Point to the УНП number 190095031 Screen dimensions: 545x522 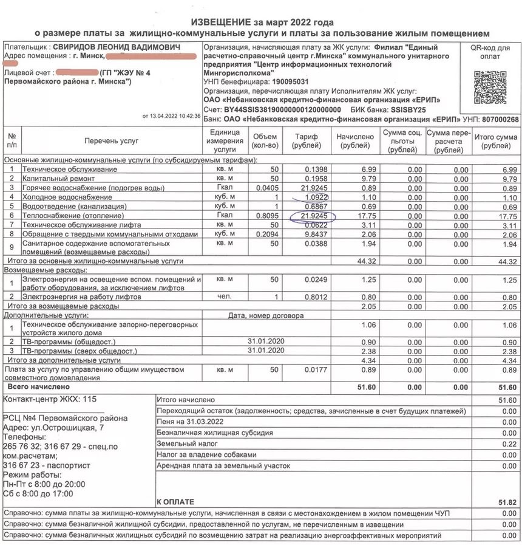coord(291,81)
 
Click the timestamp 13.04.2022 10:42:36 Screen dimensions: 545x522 coord(172,115)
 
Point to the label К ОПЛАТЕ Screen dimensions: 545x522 coord(175,502)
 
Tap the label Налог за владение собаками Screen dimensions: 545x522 coord(207,454)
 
